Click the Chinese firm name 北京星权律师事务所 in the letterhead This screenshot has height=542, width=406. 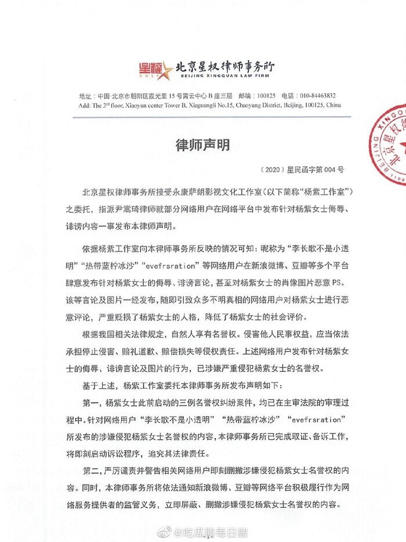point(217,66)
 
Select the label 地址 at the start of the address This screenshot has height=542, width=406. point(84,96)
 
